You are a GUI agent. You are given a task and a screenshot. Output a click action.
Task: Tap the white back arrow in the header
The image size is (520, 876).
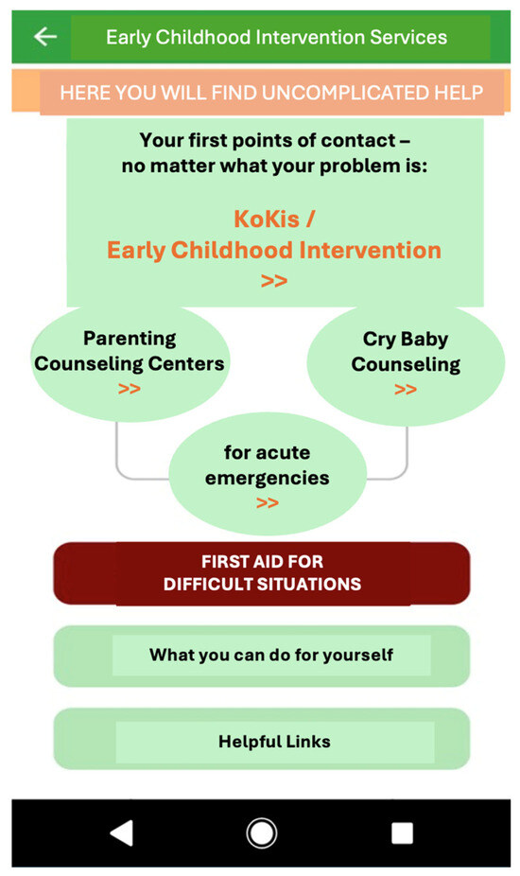pos(45,37)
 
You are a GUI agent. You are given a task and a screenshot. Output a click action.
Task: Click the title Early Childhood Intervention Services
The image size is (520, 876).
pos(276,38)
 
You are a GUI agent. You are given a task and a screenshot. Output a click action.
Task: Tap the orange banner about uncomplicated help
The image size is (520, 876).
pos(261,92)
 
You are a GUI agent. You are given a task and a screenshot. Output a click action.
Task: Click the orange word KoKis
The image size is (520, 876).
pos(267,219)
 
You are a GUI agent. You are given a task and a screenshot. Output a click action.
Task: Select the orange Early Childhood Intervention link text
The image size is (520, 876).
pos(273,250)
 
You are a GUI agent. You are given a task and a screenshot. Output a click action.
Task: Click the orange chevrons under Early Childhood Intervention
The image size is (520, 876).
pos(273,280)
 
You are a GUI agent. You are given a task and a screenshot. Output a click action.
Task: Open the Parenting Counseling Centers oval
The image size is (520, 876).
pos(130,362)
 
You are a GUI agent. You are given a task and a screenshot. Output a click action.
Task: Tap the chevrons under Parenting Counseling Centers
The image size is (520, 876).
pos(129,388)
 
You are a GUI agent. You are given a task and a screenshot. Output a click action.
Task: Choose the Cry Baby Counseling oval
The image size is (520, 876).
pos(406,364)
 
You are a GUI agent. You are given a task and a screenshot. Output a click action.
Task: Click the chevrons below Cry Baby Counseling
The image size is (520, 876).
pos(406,389)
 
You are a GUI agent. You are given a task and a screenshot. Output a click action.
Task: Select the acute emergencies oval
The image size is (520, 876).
pos(268,474)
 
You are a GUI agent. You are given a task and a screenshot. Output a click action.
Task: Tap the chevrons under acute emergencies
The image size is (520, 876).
pos(268,503)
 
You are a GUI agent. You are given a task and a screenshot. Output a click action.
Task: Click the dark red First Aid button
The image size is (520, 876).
pos(262,572)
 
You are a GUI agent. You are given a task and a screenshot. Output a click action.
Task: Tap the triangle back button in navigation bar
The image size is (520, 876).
pos(122,833)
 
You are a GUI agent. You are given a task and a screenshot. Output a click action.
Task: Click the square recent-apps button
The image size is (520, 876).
pos(402,833)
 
